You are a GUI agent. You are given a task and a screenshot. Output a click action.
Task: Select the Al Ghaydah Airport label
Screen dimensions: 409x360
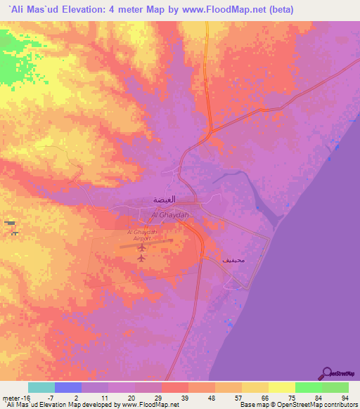coord(143,235)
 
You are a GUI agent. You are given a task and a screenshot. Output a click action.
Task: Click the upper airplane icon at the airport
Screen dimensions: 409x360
coord(143,247)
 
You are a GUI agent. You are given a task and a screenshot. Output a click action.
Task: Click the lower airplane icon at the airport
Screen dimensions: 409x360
coord(141,258)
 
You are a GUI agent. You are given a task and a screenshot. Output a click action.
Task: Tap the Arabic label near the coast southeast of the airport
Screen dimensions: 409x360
coord(233,259)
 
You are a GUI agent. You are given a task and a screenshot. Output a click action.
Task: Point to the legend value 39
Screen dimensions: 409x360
coord(174,397)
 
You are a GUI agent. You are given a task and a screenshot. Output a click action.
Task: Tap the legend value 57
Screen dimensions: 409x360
coord(229,397)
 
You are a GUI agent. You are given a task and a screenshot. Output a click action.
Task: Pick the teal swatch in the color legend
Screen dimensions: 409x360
coord(41,387)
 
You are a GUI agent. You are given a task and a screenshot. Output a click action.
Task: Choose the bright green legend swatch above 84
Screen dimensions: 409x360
coord(308,387)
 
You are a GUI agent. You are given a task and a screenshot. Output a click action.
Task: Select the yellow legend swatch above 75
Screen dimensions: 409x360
coord(281,387)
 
